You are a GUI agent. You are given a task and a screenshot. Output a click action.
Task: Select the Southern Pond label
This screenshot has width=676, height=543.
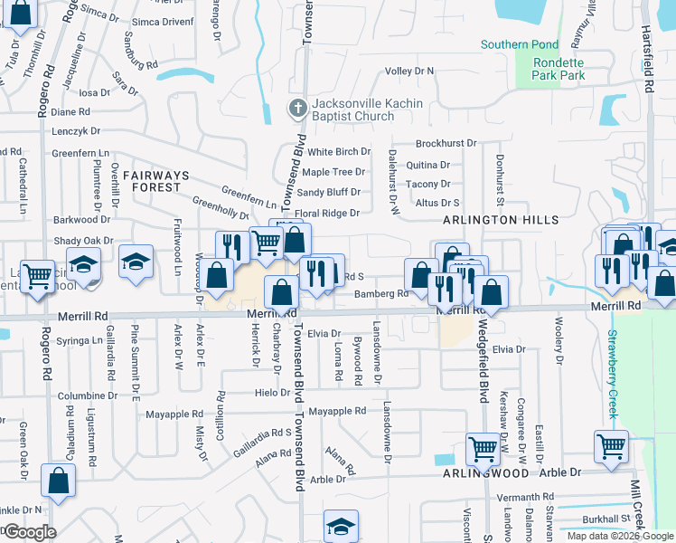[x=519, y=44]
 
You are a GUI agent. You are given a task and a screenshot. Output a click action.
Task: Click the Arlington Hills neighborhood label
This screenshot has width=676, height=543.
[x=501, y=220]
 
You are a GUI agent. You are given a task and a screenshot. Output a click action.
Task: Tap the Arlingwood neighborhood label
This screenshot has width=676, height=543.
[x=485, y=473]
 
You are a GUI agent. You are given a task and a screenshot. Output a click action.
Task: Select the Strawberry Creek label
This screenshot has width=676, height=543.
[x=612, y=374]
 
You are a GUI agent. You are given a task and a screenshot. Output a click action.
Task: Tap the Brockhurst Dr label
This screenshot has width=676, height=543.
[x=446, y=144]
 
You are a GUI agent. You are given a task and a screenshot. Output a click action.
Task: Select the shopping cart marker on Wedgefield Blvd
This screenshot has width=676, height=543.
[x=483, y=446]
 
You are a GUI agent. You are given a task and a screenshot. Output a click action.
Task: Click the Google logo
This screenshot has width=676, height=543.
[x=29, y=532]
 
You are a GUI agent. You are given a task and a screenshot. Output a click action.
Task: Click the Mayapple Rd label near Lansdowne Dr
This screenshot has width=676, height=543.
[x=337, y=411]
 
